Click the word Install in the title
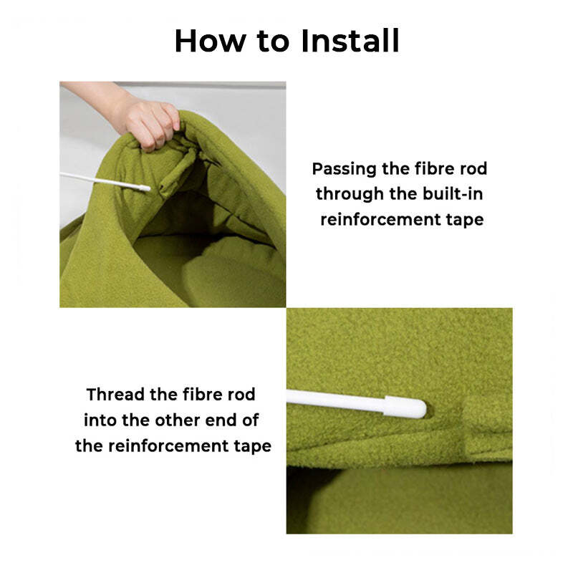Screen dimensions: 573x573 pyautogui.click(x=350, y=41)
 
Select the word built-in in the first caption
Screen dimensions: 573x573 pyautogui.click(x=453, y=193)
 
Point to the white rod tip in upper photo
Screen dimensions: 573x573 pyautogui.click(x=145, y=188)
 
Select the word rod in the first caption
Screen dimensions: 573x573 pyautogui.click(x=472, y=169)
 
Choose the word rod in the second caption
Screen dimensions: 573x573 pyautogui.click(x=241, y=395)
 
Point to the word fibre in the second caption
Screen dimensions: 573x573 pyautogui.click(x=203, y=395)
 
